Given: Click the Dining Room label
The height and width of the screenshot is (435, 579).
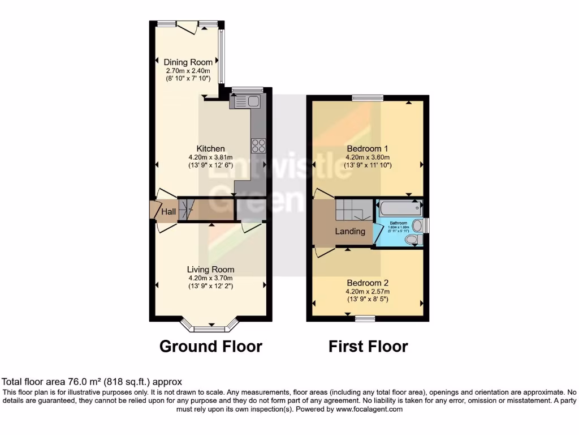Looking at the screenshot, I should click(x=188, y=62).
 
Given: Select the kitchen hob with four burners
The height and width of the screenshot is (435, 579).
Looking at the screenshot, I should click(x=258, y=145).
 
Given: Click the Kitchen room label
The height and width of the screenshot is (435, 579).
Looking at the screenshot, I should click(x=210, y=149).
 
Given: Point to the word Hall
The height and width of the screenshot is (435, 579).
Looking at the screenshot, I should click(x=168, y=212).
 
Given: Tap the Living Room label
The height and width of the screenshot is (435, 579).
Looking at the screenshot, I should click(x=211, y=270).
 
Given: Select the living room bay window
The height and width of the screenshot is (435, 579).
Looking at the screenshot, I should click(x=211, y=326).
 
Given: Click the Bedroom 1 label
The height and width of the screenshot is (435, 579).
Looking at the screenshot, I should click(x=368, y=149).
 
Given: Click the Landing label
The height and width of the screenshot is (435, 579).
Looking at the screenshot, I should click(x=350, y=231).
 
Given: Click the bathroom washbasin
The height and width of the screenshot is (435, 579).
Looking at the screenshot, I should click(x=417, y=226).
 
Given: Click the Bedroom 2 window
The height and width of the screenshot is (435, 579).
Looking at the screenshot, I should click(x=366, y=318).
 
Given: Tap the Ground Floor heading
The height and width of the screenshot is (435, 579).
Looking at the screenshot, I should click(x=211, y=346).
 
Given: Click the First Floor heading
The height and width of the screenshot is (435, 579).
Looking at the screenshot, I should click(x=368, y=346).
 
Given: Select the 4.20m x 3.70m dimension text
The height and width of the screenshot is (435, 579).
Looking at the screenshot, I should click(x=211, y=278).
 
